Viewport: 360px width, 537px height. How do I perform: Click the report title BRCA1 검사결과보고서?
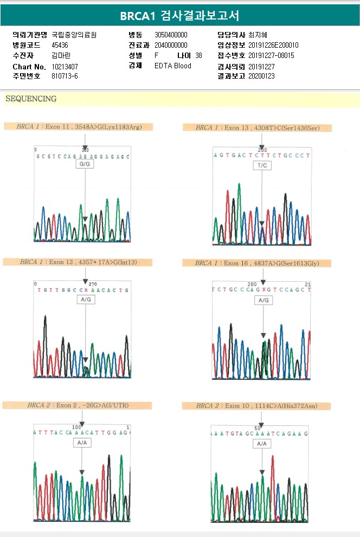point(179,15)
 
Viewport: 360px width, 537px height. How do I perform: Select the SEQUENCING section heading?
point(31,99)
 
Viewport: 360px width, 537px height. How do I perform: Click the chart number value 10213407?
point(65,67)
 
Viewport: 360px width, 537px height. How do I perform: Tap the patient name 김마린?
point(61,55)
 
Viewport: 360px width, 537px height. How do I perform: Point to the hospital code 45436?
point(60,45)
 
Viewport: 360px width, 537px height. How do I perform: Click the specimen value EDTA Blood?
point(173,66)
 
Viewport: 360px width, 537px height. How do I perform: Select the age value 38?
point(198,55)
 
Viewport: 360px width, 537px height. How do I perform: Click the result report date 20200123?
point(262,76)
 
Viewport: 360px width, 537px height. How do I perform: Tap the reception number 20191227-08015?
point(271,55)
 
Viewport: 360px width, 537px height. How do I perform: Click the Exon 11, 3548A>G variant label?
point(79,127)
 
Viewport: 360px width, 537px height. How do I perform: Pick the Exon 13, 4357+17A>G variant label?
point(78,262)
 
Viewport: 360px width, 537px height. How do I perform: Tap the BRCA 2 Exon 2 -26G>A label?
point(77,405)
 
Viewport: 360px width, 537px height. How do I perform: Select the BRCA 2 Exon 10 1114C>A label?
point(256,406)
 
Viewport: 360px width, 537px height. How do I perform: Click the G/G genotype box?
point(86,164)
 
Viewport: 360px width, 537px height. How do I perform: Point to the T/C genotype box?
point(262,165)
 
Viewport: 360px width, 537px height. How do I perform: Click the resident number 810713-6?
point(65,76)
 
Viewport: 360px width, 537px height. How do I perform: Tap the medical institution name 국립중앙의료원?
point(74,35)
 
